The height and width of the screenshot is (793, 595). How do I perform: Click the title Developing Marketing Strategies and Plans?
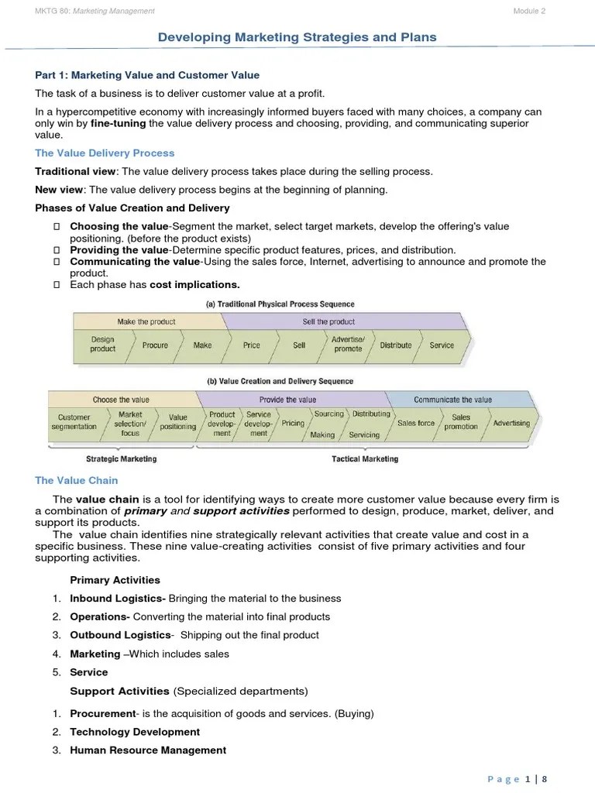(x=297, y=37)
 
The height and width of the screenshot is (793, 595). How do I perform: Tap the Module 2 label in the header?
(x=530, y=11)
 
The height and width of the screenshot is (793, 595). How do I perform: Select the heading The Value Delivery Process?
(x=105, y=153)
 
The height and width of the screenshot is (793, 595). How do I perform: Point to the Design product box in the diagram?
(x=103, y=345)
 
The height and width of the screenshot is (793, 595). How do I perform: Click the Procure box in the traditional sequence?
(x=155, y=345)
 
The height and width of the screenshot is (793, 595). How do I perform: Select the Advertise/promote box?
(x=348, y=345)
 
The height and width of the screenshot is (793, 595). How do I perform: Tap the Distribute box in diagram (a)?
(x=396, y=345)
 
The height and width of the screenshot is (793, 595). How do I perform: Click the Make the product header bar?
(x=146, y=321)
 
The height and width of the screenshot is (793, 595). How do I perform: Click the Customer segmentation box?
(x=74, y=422)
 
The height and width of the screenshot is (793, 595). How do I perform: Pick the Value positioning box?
(x=178, y=422)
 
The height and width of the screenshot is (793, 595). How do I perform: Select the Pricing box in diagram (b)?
(x=293, y=424)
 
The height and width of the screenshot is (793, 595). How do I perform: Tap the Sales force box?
(x=416, y=424)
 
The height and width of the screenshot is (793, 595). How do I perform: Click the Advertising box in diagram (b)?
(x=511, y=424)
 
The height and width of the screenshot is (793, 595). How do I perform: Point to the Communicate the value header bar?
(x=452, y=400)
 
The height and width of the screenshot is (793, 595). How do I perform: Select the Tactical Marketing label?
(x=365, y=459)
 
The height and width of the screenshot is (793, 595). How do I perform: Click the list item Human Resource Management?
(x=148, y=750)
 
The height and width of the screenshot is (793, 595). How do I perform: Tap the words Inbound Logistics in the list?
(x=116, y=599)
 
